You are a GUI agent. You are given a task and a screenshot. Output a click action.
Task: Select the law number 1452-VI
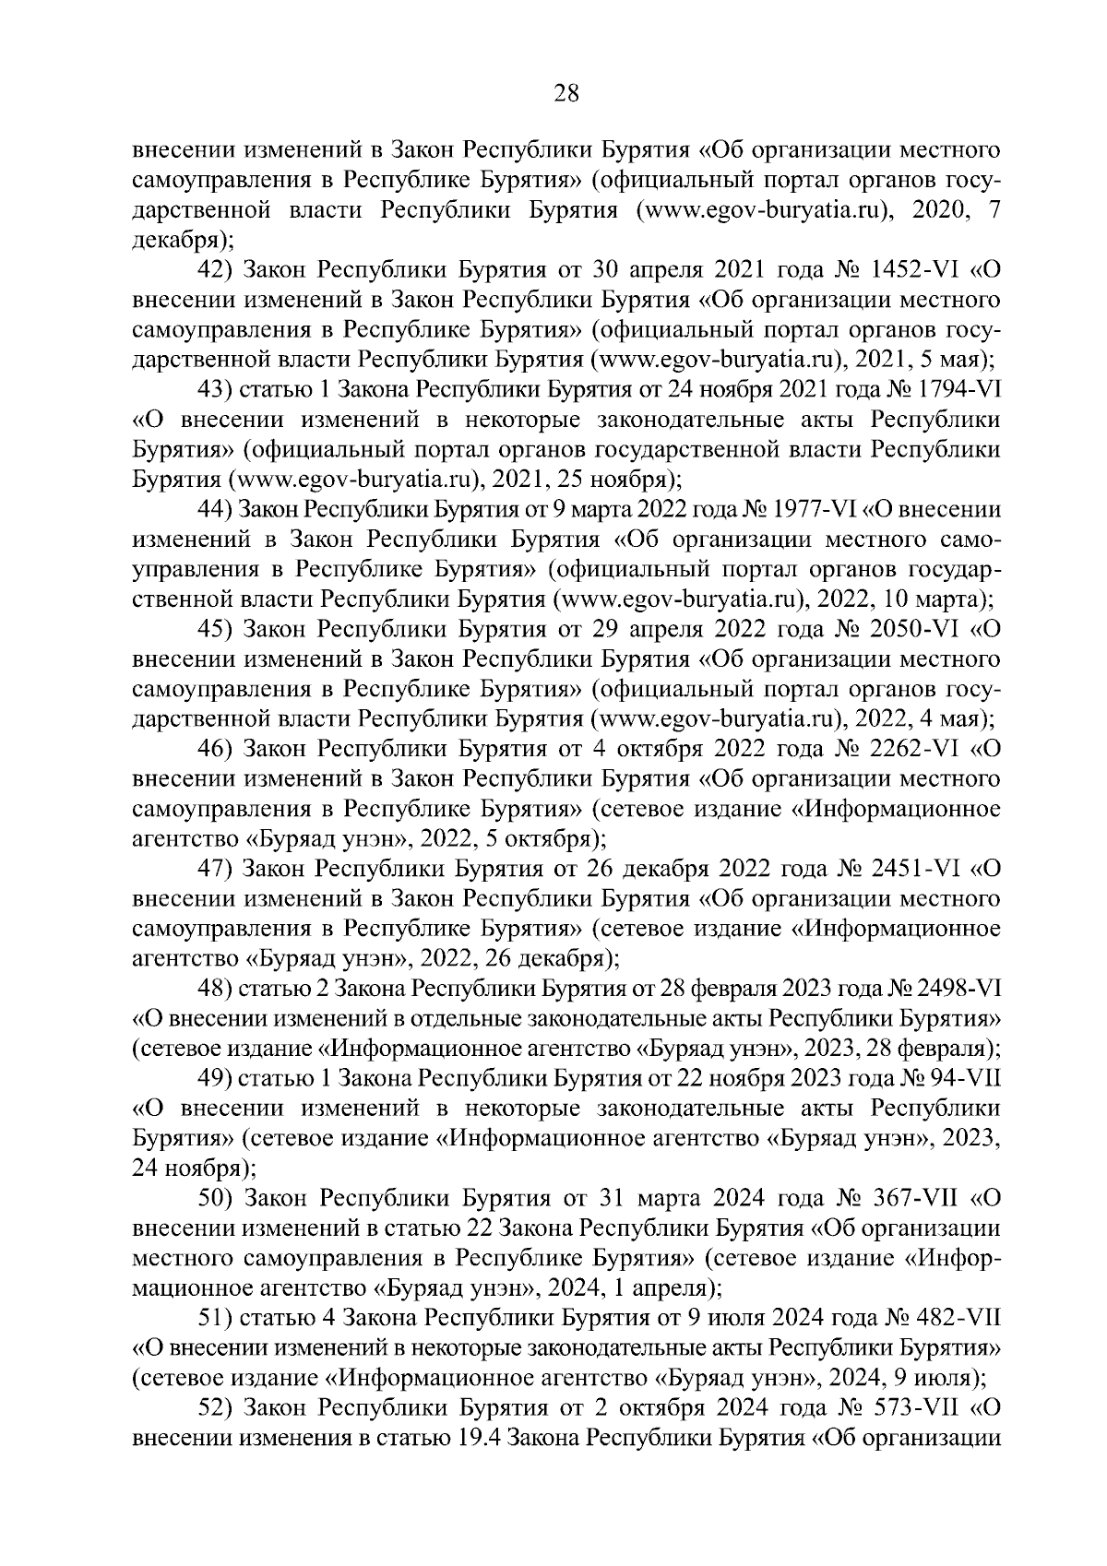(x=914, y=271)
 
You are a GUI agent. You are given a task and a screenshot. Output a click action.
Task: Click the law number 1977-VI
(x=815, y=511)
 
